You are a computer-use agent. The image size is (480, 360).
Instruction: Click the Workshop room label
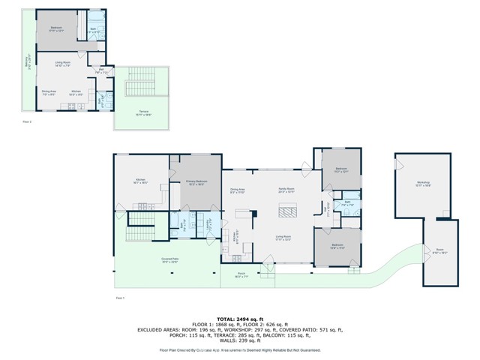pos(423,184)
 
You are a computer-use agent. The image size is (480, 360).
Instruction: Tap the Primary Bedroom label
pos(196,182)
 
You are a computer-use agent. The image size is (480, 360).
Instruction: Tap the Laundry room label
pos(212,223)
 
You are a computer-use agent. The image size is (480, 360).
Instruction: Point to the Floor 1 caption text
pos(119,298)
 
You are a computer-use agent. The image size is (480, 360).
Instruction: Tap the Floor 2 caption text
pos(27,120)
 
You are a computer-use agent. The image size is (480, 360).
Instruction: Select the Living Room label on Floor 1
pos(283,238)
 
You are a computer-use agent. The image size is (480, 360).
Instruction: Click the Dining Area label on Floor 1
pos(238,190)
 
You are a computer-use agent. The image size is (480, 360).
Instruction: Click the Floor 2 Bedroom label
pos(56,29)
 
